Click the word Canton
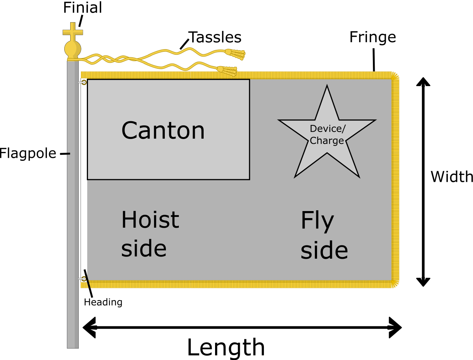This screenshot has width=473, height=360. tap(163, 130)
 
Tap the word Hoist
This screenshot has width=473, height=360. tap(150, 220)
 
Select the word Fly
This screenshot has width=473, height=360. tap(317, 221)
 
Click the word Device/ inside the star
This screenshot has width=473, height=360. tap(327, 129)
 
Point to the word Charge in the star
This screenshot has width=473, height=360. tap(327, 141)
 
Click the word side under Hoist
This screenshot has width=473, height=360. tap(144, 248)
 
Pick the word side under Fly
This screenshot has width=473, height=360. tap(324, 250)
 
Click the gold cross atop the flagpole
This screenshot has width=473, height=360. tap(73, 32)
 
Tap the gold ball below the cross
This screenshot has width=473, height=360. tap(72, 49)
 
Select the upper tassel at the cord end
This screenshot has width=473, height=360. tap(235, 54)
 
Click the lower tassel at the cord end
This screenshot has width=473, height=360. tap(227, 70)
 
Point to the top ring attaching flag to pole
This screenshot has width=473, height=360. tap(84, 82)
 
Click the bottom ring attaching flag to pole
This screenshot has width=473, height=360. tap(84, 279)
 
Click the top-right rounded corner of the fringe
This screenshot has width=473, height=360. tap(395, 76)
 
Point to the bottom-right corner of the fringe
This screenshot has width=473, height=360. tap(395, 283)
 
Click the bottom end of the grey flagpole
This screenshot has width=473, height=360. tap(73, 346)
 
